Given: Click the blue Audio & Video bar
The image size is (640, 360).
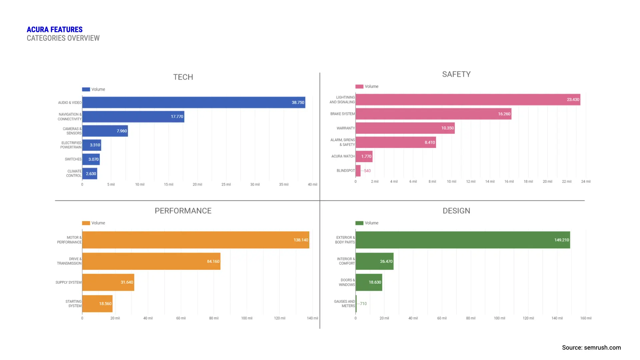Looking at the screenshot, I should point(193,102).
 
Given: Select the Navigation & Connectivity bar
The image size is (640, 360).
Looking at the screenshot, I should point(133,117).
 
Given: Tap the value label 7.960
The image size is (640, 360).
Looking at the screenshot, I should point(122,131).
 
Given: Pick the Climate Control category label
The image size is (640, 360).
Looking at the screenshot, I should point(74,173).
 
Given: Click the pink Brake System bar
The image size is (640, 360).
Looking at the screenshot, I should point(433,114).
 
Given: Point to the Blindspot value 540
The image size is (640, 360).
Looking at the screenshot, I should point(367,171).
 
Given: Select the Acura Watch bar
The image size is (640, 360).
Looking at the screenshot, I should point(364,156).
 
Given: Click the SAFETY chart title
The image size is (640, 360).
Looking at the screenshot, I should point(456,74).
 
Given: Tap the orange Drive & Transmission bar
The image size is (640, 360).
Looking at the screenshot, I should point(151,261).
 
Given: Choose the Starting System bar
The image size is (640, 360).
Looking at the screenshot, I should point(97,304).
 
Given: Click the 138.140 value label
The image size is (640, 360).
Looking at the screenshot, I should point(301,240).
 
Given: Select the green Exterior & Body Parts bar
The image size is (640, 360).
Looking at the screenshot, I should point(462,240).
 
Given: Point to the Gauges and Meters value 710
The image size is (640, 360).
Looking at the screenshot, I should point(363,304).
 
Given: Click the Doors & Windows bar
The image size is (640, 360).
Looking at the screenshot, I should point(368,282).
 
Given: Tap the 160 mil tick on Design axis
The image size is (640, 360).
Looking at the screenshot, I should point(585,318).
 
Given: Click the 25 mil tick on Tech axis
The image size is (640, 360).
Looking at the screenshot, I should point(226,184).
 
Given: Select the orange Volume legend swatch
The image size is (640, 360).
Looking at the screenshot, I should point(86,223).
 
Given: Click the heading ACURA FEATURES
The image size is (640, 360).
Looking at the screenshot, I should point(55,30).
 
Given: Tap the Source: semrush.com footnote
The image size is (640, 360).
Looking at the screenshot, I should point(591,347).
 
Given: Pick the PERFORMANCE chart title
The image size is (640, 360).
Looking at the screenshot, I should point(183,211).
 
